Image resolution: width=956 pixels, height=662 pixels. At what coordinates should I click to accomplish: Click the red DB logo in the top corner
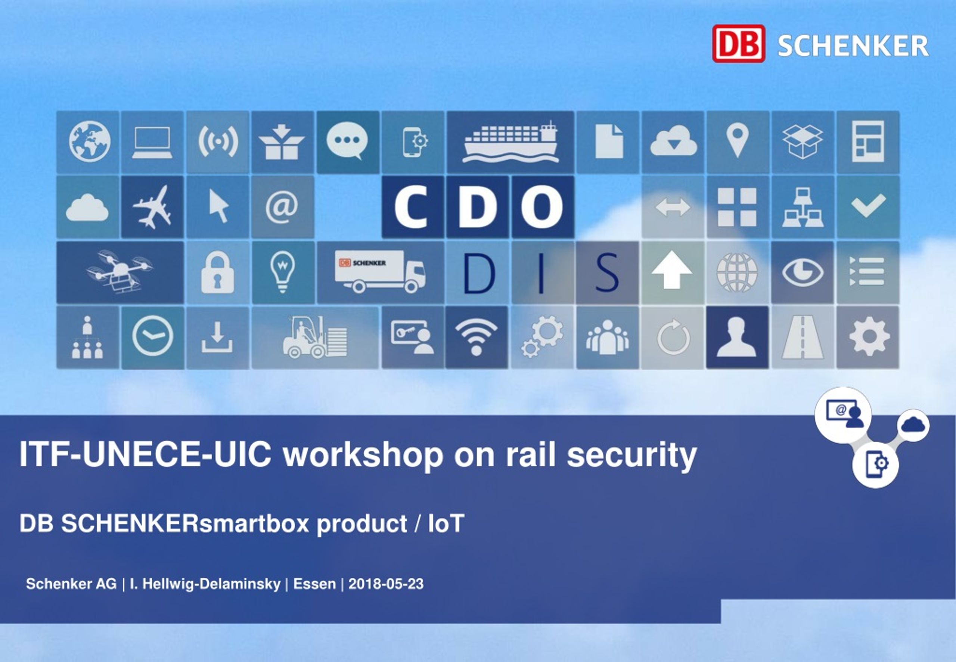coord(739,44)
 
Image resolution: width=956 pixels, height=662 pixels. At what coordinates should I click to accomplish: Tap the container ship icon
coord(510,142)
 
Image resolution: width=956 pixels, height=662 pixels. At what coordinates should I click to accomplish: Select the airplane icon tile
coord(152,207)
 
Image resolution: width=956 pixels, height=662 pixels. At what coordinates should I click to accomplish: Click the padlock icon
coord(218,272)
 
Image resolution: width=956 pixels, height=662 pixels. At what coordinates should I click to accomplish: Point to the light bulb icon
coord(282,272)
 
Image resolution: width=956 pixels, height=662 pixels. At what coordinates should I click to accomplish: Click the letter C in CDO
coord(412,206)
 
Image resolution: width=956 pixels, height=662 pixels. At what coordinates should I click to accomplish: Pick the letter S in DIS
coord(607,273)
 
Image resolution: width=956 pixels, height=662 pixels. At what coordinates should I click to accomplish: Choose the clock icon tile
coord(153,337)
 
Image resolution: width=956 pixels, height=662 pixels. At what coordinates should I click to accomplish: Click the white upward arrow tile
coord(672,272)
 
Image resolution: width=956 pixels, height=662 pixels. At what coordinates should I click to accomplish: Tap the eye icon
coord(803,272)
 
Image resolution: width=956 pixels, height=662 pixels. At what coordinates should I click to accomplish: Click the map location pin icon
coord(738,140)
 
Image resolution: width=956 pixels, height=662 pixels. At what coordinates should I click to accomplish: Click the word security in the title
coord(631,455)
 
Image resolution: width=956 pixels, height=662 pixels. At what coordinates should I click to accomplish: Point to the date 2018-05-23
coord(386,584)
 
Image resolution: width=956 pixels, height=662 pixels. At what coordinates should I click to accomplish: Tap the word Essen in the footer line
coord(314,584)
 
